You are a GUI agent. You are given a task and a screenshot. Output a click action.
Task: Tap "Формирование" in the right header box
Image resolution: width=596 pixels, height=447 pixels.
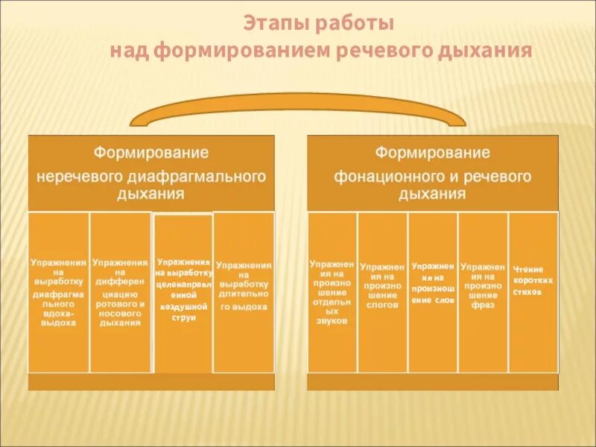coord(432,153)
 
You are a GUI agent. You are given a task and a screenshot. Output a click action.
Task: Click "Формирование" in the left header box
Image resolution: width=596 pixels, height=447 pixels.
coord(150,153)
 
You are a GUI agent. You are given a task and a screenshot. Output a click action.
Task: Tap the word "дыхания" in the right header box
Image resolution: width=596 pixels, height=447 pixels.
coord(432,194)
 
